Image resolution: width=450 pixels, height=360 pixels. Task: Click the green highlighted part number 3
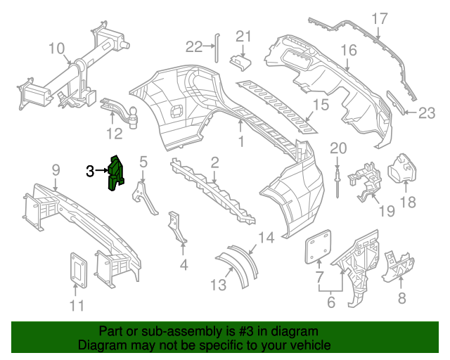coord(115,172)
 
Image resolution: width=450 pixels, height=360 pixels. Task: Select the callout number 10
coord(57,49)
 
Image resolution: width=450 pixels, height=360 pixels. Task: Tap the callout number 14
coord(265,237)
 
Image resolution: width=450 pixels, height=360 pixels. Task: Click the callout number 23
coord(427,112)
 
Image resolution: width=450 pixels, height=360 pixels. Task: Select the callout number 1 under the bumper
coord(240,141)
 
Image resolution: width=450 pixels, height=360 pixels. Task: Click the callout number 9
coord(56,169)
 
